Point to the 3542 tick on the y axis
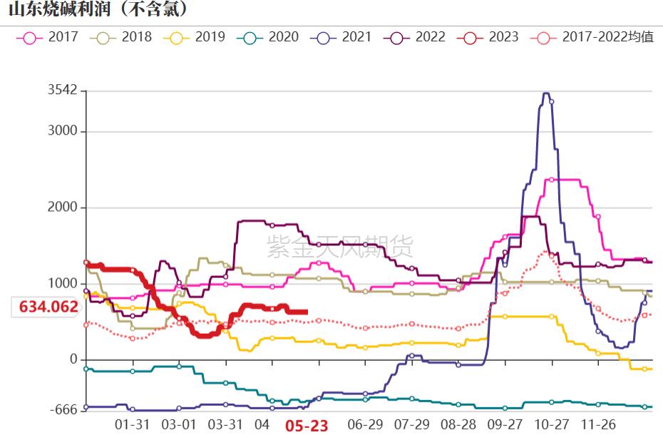tap(62, 91)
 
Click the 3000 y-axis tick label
tap(62, 131)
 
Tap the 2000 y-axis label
tap(62, 208)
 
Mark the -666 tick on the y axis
tap(63, 410)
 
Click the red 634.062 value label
tap(48, 307)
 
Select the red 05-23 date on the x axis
tap(307, 426)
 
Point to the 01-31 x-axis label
tap(133, 424)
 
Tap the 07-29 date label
tap(412, 424)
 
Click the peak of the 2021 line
tap(546, 93)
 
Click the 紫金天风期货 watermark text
tap(339, 247)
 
